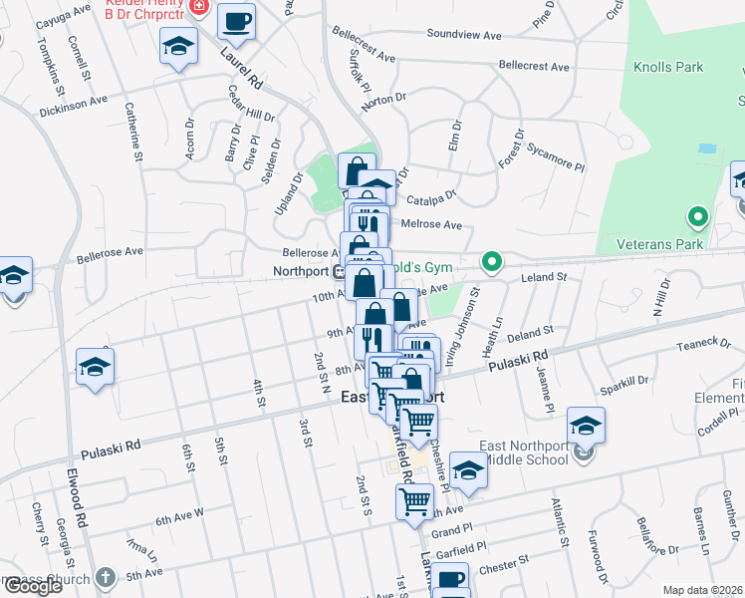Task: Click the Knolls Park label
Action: [x=668, y=68]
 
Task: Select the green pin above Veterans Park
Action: [x=698, y=216]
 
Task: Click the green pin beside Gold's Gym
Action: [x=491, y=263]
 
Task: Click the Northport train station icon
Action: [x=339, y=271]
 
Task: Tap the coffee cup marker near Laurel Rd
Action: [x=237, y=21]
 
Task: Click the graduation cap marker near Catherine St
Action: [x=178, y=47]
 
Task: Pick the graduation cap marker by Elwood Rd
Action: [x=96, y=367]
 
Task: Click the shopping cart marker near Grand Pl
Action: [x=414, y=501]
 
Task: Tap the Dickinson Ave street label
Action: [x=72, y=102]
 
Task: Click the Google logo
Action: [x=33, y=586]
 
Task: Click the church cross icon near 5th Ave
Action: [x=107, y=578]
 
